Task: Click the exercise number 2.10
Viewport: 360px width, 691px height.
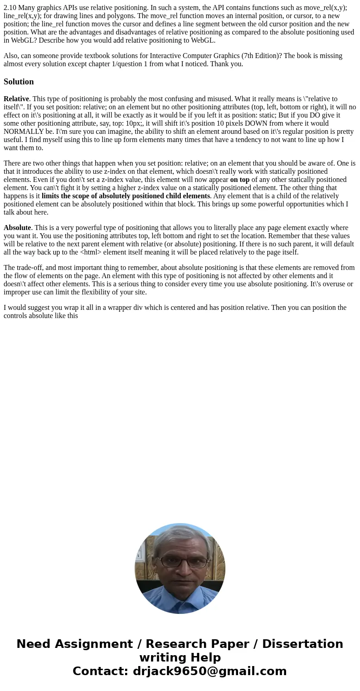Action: [10, 8]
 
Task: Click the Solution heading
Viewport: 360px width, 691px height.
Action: [19, 82]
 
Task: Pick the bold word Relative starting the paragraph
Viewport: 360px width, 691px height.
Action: [16, 99]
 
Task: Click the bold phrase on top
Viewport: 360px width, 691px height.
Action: [240, 180]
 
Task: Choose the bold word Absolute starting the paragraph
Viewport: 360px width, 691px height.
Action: [17, 228]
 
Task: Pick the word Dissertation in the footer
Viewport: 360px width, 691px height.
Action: [302, 644]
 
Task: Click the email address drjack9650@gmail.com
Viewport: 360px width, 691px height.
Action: [209, 671]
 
